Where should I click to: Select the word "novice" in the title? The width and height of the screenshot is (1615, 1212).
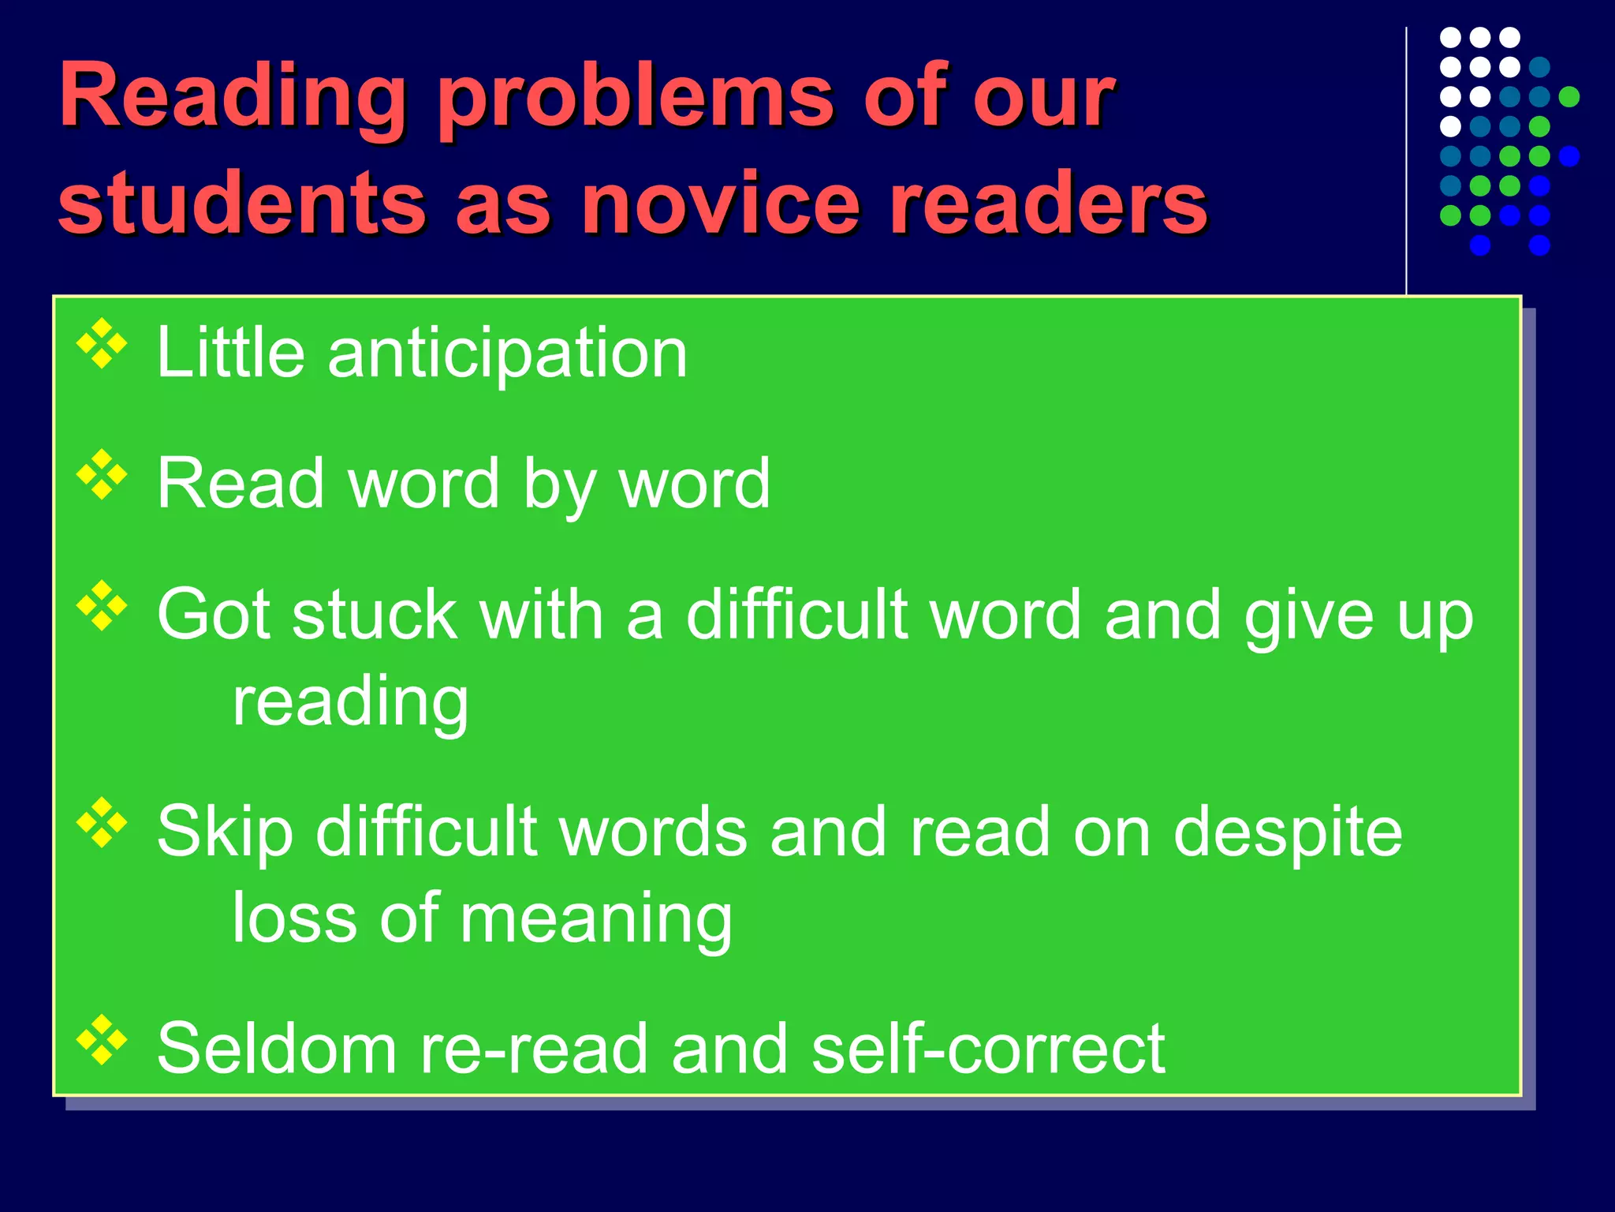pos(720,204)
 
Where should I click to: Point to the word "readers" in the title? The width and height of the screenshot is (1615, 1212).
pos(1047,204)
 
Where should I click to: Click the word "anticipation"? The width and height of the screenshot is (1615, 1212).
pos(508,354)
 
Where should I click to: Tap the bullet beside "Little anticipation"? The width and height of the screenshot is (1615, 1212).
pos(102,343)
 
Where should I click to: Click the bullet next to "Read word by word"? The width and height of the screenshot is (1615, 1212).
pos(102,475)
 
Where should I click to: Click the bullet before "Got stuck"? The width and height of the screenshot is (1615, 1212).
pos(102,606)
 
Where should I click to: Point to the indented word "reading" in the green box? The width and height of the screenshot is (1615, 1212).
pos(351,702)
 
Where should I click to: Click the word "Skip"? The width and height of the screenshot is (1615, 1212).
pos(226,833)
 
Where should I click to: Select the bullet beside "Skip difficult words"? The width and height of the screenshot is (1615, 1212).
pos(102,823)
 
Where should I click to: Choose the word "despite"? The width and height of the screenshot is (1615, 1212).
pos(1288,833)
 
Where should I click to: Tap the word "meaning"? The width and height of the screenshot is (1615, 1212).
pos(596,920)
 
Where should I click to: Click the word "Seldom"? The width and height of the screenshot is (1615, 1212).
pos(277,1049)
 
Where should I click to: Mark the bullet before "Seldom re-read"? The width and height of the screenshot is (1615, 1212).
pos(102,1040)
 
